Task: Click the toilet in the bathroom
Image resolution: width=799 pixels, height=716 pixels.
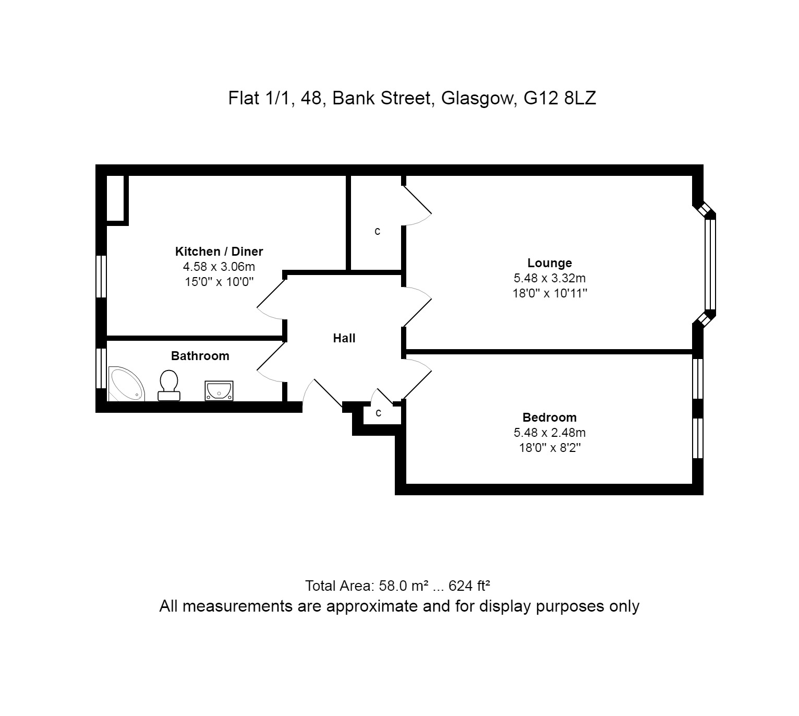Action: tap(169, 385)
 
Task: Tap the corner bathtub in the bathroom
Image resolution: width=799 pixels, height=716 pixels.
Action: tap(126, 384)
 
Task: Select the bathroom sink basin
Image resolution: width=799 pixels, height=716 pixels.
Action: tap(219, 391)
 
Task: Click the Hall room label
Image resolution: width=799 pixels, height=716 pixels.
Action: tap(344, 338)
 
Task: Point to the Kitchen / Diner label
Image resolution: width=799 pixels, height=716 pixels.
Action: tap(219, 252)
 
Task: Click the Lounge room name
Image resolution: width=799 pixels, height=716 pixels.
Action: tap(549, 263)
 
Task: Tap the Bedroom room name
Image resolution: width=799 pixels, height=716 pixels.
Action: tap(549, 417)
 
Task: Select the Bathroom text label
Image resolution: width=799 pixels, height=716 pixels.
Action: tap(200, 356)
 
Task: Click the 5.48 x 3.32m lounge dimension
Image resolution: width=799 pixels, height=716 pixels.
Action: tap(549, 278)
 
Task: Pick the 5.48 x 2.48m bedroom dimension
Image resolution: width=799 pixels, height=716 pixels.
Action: tap(549, 433)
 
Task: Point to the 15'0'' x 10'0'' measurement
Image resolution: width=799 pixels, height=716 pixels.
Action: tap(219, 282)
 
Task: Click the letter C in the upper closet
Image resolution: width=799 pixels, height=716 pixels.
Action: tap(378, 232)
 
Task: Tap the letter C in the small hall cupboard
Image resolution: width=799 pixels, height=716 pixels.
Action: tap(379, 413)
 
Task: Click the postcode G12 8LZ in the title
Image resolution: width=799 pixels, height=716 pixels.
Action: tap(560, 98)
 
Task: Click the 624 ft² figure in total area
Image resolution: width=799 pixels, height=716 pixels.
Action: tap(469, 586)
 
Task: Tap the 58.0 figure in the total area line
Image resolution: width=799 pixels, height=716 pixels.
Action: tap(393, 586)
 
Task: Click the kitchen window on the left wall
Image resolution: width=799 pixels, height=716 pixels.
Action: tap(101, 276)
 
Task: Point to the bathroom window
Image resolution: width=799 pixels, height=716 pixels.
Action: tap(101, 368)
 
